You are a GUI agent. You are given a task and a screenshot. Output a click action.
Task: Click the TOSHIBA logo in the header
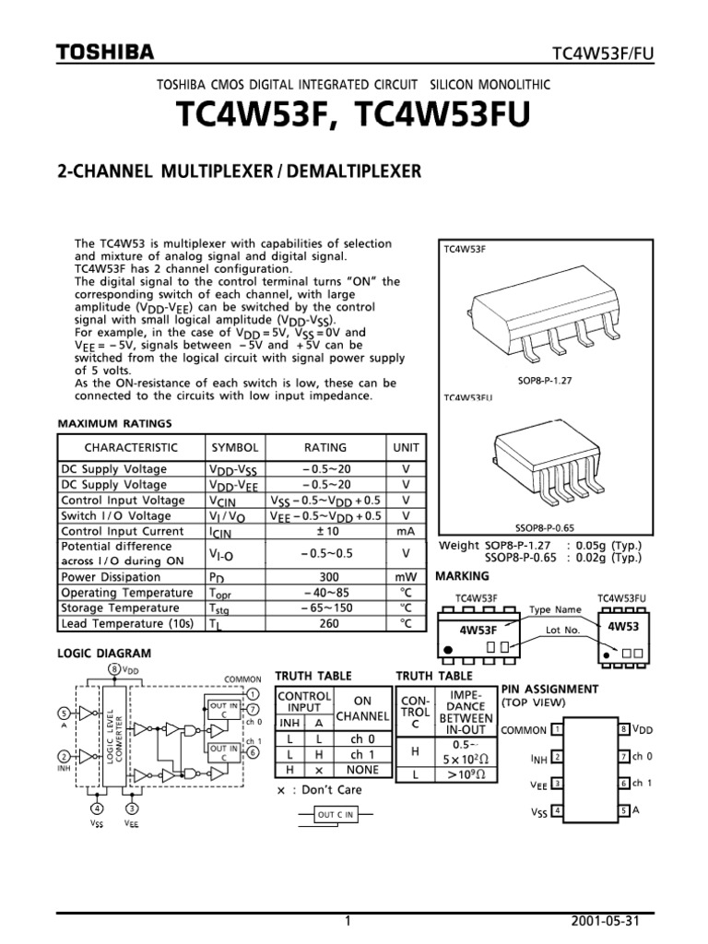105,53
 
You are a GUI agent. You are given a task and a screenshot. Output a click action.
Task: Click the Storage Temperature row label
120,608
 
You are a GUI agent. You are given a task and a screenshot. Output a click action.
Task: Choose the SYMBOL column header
235,447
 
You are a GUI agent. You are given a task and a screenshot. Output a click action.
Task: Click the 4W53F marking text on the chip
478,630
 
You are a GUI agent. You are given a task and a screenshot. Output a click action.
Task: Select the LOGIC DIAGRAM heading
104,654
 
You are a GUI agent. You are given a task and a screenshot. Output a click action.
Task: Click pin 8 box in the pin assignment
623,730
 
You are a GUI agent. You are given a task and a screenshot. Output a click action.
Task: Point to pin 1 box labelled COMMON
558,730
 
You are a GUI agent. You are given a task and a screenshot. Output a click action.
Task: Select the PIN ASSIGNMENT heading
549,689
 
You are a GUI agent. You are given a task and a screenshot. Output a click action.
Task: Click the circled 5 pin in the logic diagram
63,713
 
